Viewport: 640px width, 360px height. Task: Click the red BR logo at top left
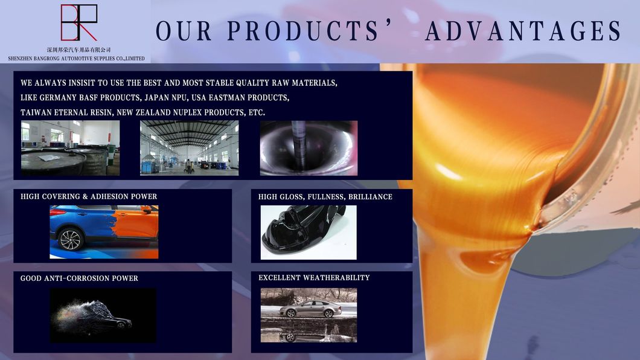click(78, 22)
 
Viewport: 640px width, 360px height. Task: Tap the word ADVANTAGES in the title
click(523, 31)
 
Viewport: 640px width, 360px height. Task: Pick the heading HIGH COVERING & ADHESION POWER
click(89, 197)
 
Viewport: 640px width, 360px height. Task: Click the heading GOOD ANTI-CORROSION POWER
click(79, 278)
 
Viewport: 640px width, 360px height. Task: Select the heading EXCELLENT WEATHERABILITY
click(314, 278)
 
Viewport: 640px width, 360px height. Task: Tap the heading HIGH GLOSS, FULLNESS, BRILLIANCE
click(325, 197)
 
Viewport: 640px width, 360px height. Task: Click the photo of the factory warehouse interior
click(189, 148)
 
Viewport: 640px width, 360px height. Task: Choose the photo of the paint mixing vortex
click(309, 148)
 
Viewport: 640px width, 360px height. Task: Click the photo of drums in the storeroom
click(70, 148)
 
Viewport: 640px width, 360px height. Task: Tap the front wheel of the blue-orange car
click(70, 239)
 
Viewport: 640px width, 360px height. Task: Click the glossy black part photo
click(308, 233)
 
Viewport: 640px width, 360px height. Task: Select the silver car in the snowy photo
click(310, 309)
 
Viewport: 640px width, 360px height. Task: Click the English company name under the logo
click(76, 59)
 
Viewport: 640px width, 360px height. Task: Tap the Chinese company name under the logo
click(79, 50)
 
